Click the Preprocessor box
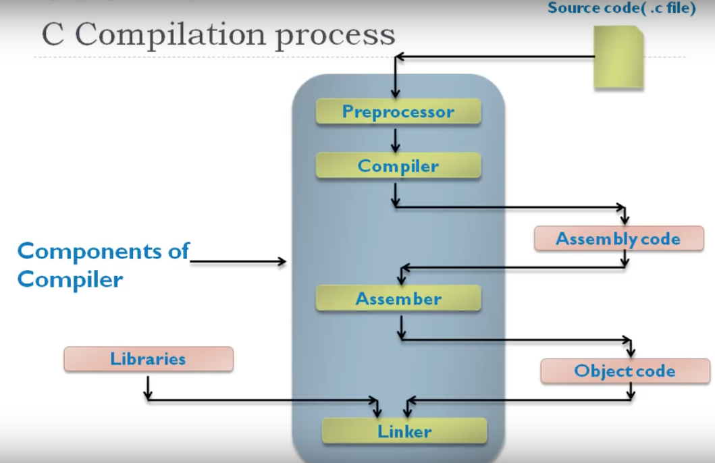[x=398, y=112]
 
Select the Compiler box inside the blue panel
[x=398, y=166]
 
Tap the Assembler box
[x=398, y=299]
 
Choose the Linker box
[x=404, y=431]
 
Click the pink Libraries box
[x=148, y=359]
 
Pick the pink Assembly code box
[x=618, y=239]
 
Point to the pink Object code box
[x=625, y=371]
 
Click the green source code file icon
[x=618, y=57]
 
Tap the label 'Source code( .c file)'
[x=621, y=9]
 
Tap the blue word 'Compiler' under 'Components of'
[x=70, y=279]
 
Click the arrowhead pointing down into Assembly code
[x=625, y=219]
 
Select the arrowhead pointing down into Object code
[x=631, y=351]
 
